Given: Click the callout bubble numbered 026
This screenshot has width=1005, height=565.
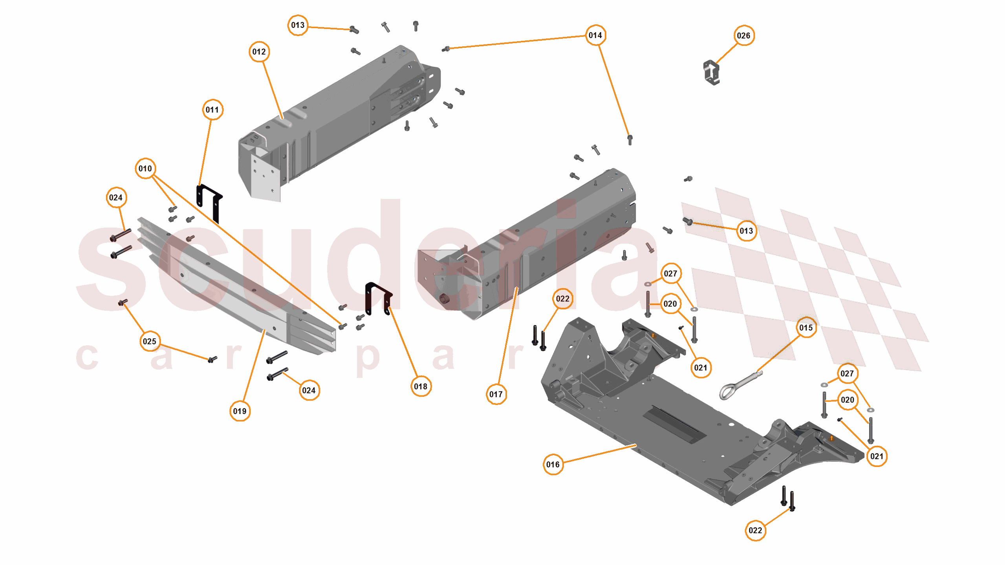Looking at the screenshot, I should tap(743, 36).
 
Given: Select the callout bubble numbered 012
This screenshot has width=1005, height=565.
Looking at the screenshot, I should tap(259, 52).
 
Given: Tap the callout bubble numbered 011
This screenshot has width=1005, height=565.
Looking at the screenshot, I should tap(212, 110).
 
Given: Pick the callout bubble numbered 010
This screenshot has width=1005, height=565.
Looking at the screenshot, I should tap(145, 169).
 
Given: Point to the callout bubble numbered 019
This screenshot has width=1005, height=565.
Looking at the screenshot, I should tap(240, 411).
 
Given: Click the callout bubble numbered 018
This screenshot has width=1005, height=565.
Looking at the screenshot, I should tap(420, 386).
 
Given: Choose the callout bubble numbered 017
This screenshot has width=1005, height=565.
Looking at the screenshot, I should tap(496, 394).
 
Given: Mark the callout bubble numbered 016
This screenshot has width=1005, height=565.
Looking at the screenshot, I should tap(553, 465).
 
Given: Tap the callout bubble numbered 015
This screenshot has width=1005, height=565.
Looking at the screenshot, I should tap(805, 328).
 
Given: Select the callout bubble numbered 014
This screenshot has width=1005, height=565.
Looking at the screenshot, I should tap(595, 35).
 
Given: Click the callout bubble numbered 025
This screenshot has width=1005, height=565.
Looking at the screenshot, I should tap(149, 341).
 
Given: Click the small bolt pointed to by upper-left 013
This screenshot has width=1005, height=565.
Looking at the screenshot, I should tap(354, 30).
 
